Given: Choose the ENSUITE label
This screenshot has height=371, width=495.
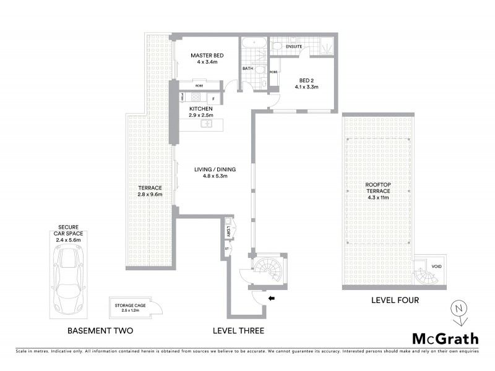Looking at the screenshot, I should tap(294, 46).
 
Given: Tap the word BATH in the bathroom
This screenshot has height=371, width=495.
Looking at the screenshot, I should tap(247, 69).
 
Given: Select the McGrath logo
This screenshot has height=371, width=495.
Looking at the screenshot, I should tap(445, 338).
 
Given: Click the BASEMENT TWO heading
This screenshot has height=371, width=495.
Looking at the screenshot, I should tap(100, 331).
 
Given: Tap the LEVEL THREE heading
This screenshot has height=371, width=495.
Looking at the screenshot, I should tap(238, 331).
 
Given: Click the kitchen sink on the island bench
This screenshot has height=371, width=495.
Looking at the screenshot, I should tap(207, 125).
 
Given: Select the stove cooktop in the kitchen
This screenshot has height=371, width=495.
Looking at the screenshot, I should tap(196, 97).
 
